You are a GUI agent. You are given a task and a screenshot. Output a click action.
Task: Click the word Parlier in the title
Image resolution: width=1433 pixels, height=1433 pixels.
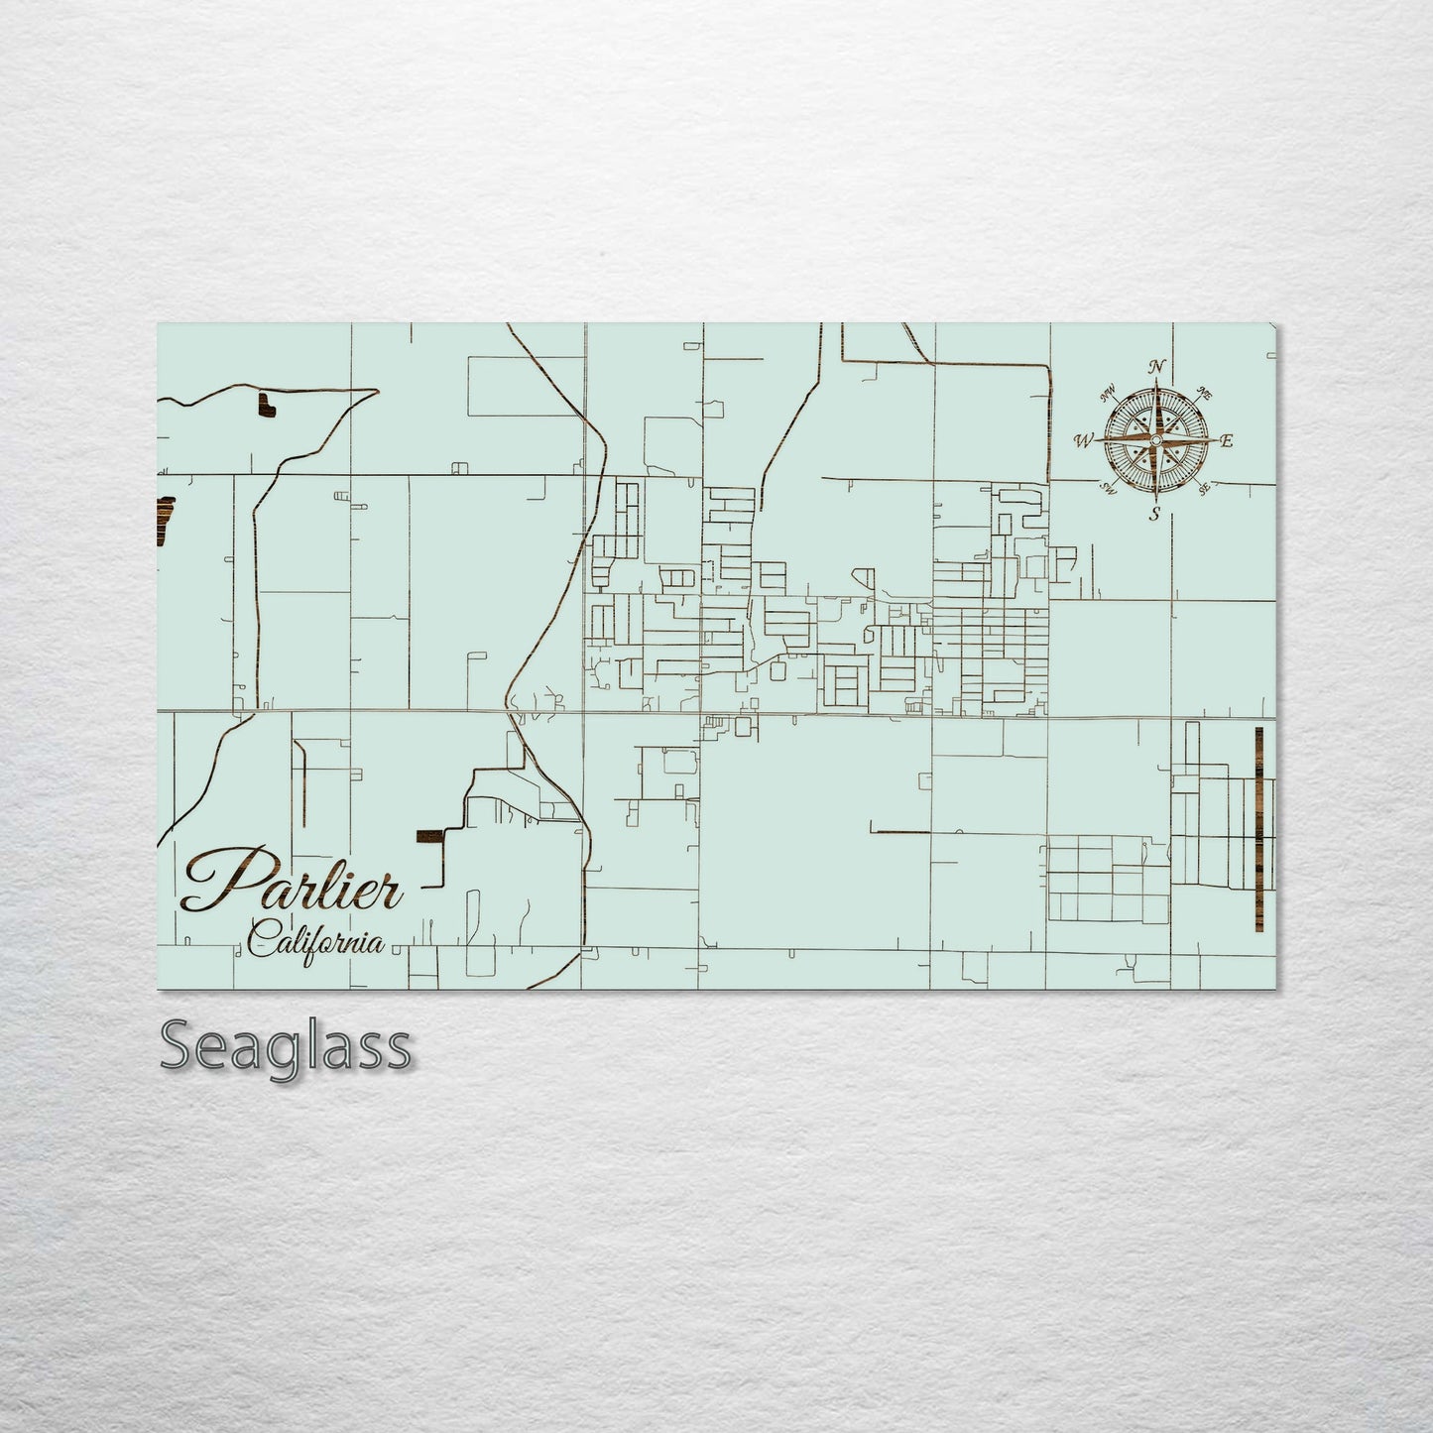point(293,882)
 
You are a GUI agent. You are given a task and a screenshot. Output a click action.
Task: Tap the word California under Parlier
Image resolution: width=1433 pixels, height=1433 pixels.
point(316,939)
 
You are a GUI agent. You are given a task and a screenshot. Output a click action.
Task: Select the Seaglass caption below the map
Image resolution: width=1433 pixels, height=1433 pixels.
point(286,1047)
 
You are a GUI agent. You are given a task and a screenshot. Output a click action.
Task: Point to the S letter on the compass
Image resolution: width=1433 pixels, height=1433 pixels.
point(1154,514)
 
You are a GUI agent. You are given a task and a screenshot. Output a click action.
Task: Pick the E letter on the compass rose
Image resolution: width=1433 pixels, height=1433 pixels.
point(1226,441)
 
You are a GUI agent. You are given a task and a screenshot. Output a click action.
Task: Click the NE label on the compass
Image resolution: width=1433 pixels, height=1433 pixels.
point(1205,393)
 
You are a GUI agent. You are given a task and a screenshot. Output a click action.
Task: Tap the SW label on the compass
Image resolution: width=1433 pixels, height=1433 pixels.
point(1108,488)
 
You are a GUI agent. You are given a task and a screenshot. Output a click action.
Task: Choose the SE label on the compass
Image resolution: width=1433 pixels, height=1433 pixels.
point(1204,487)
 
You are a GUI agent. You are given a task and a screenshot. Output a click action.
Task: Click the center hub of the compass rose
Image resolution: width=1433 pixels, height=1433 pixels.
point(1155,440)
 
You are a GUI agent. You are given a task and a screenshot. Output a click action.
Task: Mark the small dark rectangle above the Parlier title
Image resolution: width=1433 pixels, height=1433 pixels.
point(430,834)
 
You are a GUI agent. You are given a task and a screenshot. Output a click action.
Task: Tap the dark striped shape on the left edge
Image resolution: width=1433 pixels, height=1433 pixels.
point(164,519)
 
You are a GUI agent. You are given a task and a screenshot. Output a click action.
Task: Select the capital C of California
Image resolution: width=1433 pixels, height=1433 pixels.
point(261,938)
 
